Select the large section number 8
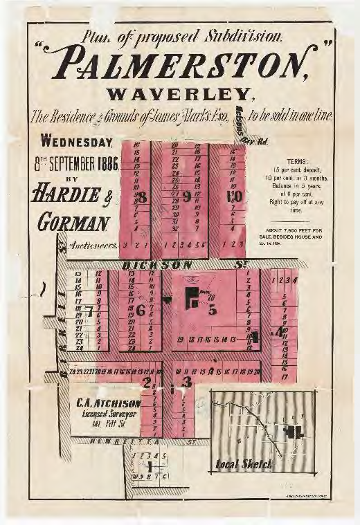click(142, 197)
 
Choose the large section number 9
click(186, 196)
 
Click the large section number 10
click(234, 196)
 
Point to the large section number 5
click(212, 309)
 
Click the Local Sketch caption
click(243, 464)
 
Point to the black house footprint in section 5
click(190, 299)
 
